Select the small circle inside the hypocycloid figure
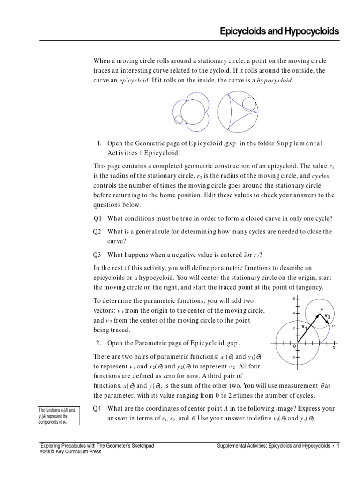[249, 103]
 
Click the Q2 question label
[97, 232]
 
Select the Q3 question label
[97, 255]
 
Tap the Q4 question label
[97, 408]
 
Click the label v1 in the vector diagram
[304, 326]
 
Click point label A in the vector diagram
[322, 309]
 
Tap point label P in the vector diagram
[333, 326]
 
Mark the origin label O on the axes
[294, 346]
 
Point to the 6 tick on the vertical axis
[293, 299]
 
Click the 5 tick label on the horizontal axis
[333, 348]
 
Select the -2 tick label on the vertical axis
[293, 357]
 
